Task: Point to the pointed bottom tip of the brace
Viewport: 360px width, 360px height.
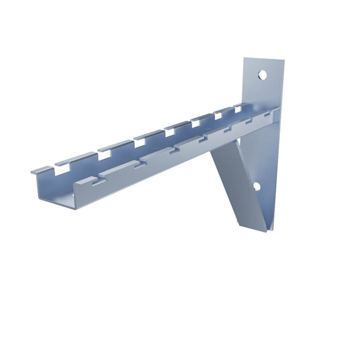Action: (x=264, y=231)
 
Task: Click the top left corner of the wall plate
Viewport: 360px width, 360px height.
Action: (x=244, y=58)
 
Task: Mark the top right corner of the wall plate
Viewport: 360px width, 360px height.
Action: (x=285, y=61)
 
